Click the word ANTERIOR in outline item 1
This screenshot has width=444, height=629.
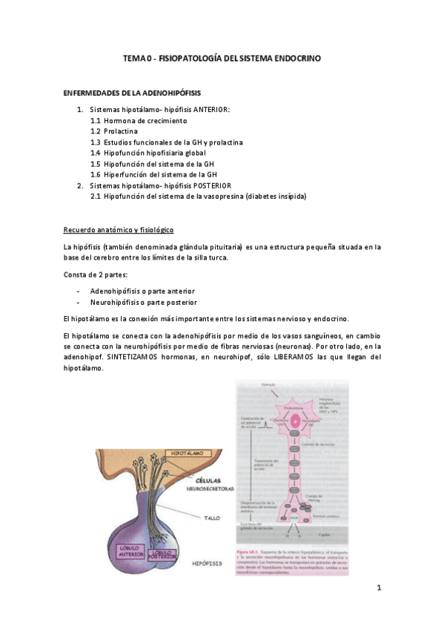[211, 109]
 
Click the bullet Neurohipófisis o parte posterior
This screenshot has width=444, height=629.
[142, 303]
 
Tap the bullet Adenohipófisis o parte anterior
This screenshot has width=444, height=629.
[142, 292]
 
